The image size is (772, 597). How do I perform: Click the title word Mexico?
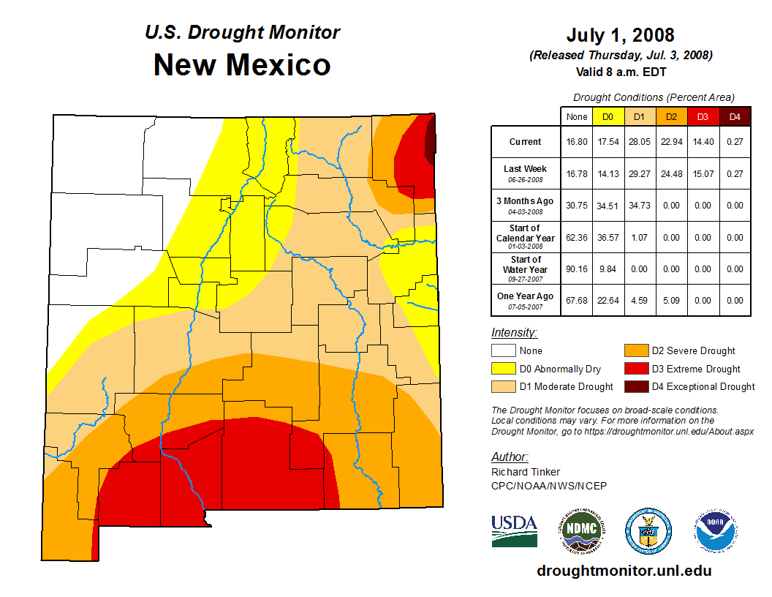tap(278, 65)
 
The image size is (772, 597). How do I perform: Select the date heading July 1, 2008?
tap(620, 35)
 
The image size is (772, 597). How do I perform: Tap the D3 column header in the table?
tap(702, 116)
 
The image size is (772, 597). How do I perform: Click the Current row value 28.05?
tap(639, 142)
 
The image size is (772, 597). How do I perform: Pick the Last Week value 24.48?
tap(670, 173)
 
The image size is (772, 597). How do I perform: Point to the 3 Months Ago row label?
tap(526, 205)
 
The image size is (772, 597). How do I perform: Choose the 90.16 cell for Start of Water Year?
tap(577, 269)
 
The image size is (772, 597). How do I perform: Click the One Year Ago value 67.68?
tap(577, 300)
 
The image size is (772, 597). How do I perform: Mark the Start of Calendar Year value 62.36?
tap(577, 237)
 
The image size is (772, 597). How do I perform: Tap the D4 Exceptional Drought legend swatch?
tap(635, 386)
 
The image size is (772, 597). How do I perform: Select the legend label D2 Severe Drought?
tap(693, 351)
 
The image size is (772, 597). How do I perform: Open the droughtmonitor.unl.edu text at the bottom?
tap(624, 571)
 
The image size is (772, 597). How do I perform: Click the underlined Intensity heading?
tap(514, 333)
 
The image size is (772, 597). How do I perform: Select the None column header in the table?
tap(577, 116)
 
